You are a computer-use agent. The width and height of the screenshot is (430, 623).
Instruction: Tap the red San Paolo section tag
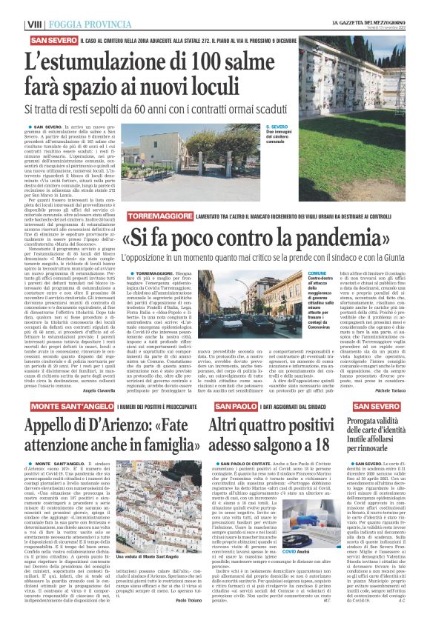236,407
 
